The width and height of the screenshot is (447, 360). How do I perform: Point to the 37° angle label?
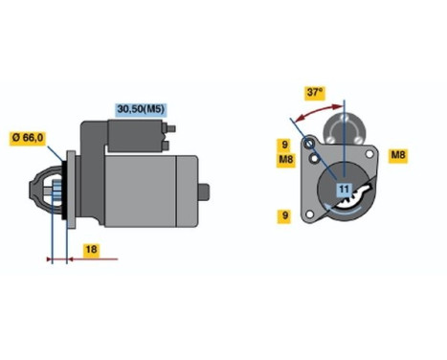point(316,94)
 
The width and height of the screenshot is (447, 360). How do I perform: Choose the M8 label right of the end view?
point(397,154)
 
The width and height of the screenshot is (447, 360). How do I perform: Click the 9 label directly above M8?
point(284,145)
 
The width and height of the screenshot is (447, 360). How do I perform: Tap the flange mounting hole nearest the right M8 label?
point(369,153)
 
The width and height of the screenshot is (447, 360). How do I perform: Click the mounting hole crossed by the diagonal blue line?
point(310,144)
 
